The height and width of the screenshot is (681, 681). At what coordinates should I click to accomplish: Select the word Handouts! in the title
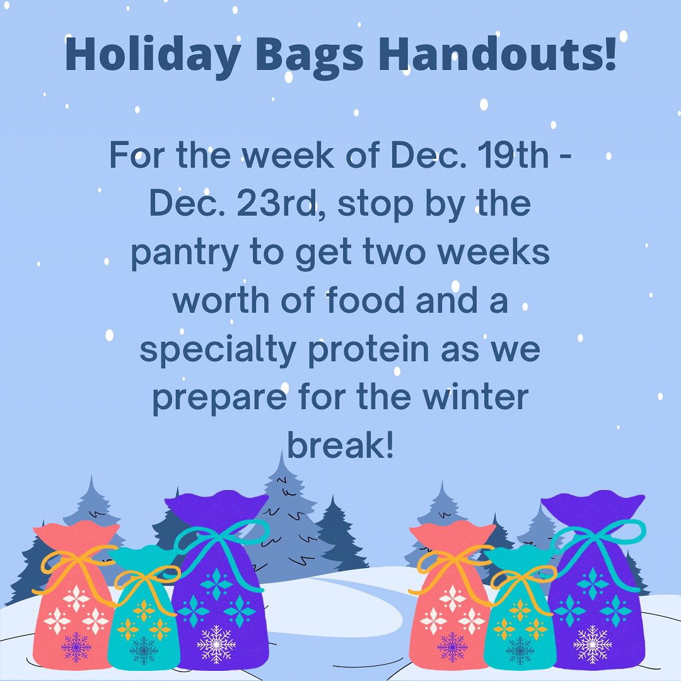[498, 55]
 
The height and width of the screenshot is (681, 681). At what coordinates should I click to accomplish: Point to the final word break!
[340, 446]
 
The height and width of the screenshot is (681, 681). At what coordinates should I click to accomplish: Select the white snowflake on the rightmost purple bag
[592, 643]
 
